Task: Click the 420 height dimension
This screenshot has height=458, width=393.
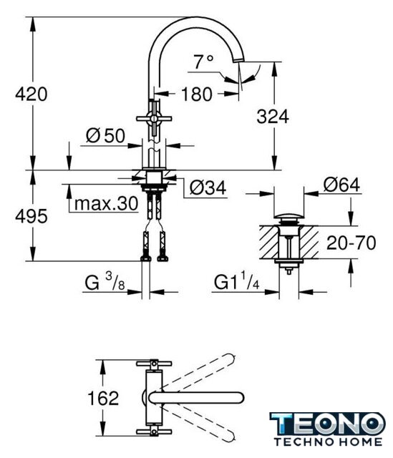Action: coord(31,94)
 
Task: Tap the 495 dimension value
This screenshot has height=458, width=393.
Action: coord(31,216)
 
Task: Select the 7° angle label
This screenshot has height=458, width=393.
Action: coord(203,62)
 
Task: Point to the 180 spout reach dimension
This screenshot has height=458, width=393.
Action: coord(197,94)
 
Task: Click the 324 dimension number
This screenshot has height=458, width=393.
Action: coord(273,116)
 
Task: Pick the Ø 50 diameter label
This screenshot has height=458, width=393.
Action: coord(105,135)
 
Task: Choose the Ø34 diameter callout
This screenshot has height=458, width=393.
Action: coord(208,187)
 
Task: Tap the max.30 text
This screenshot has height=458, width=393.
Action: coord(106,203)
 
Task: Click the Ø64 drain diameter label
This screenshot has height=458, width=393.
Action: coord(341,185)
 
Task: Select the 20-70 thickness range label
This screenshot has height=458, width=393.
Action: coord(351,243)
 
